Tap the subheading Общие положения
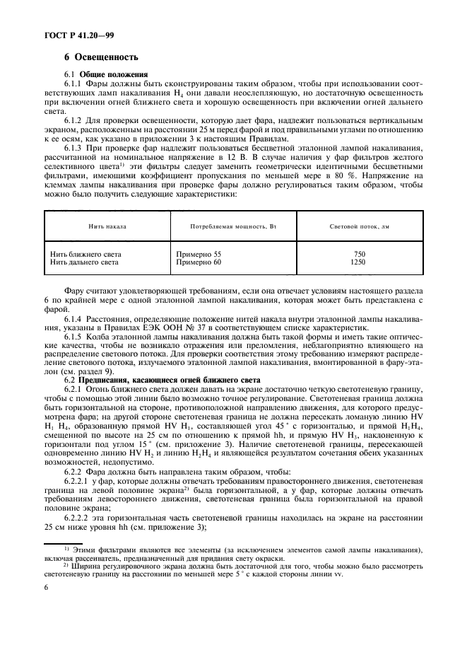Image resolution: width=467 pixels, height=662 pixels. coord(113,74)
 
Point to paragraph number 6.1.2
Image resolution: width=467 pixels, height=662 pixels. coord(75,119)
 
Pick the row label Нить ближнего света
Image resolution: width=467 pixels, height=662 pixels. coord(85,253)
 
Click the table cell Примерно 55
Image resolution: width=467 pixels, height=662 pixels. coord(197,253)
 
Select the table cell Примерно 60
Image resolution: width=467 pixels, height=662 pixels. coord(197,262)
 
